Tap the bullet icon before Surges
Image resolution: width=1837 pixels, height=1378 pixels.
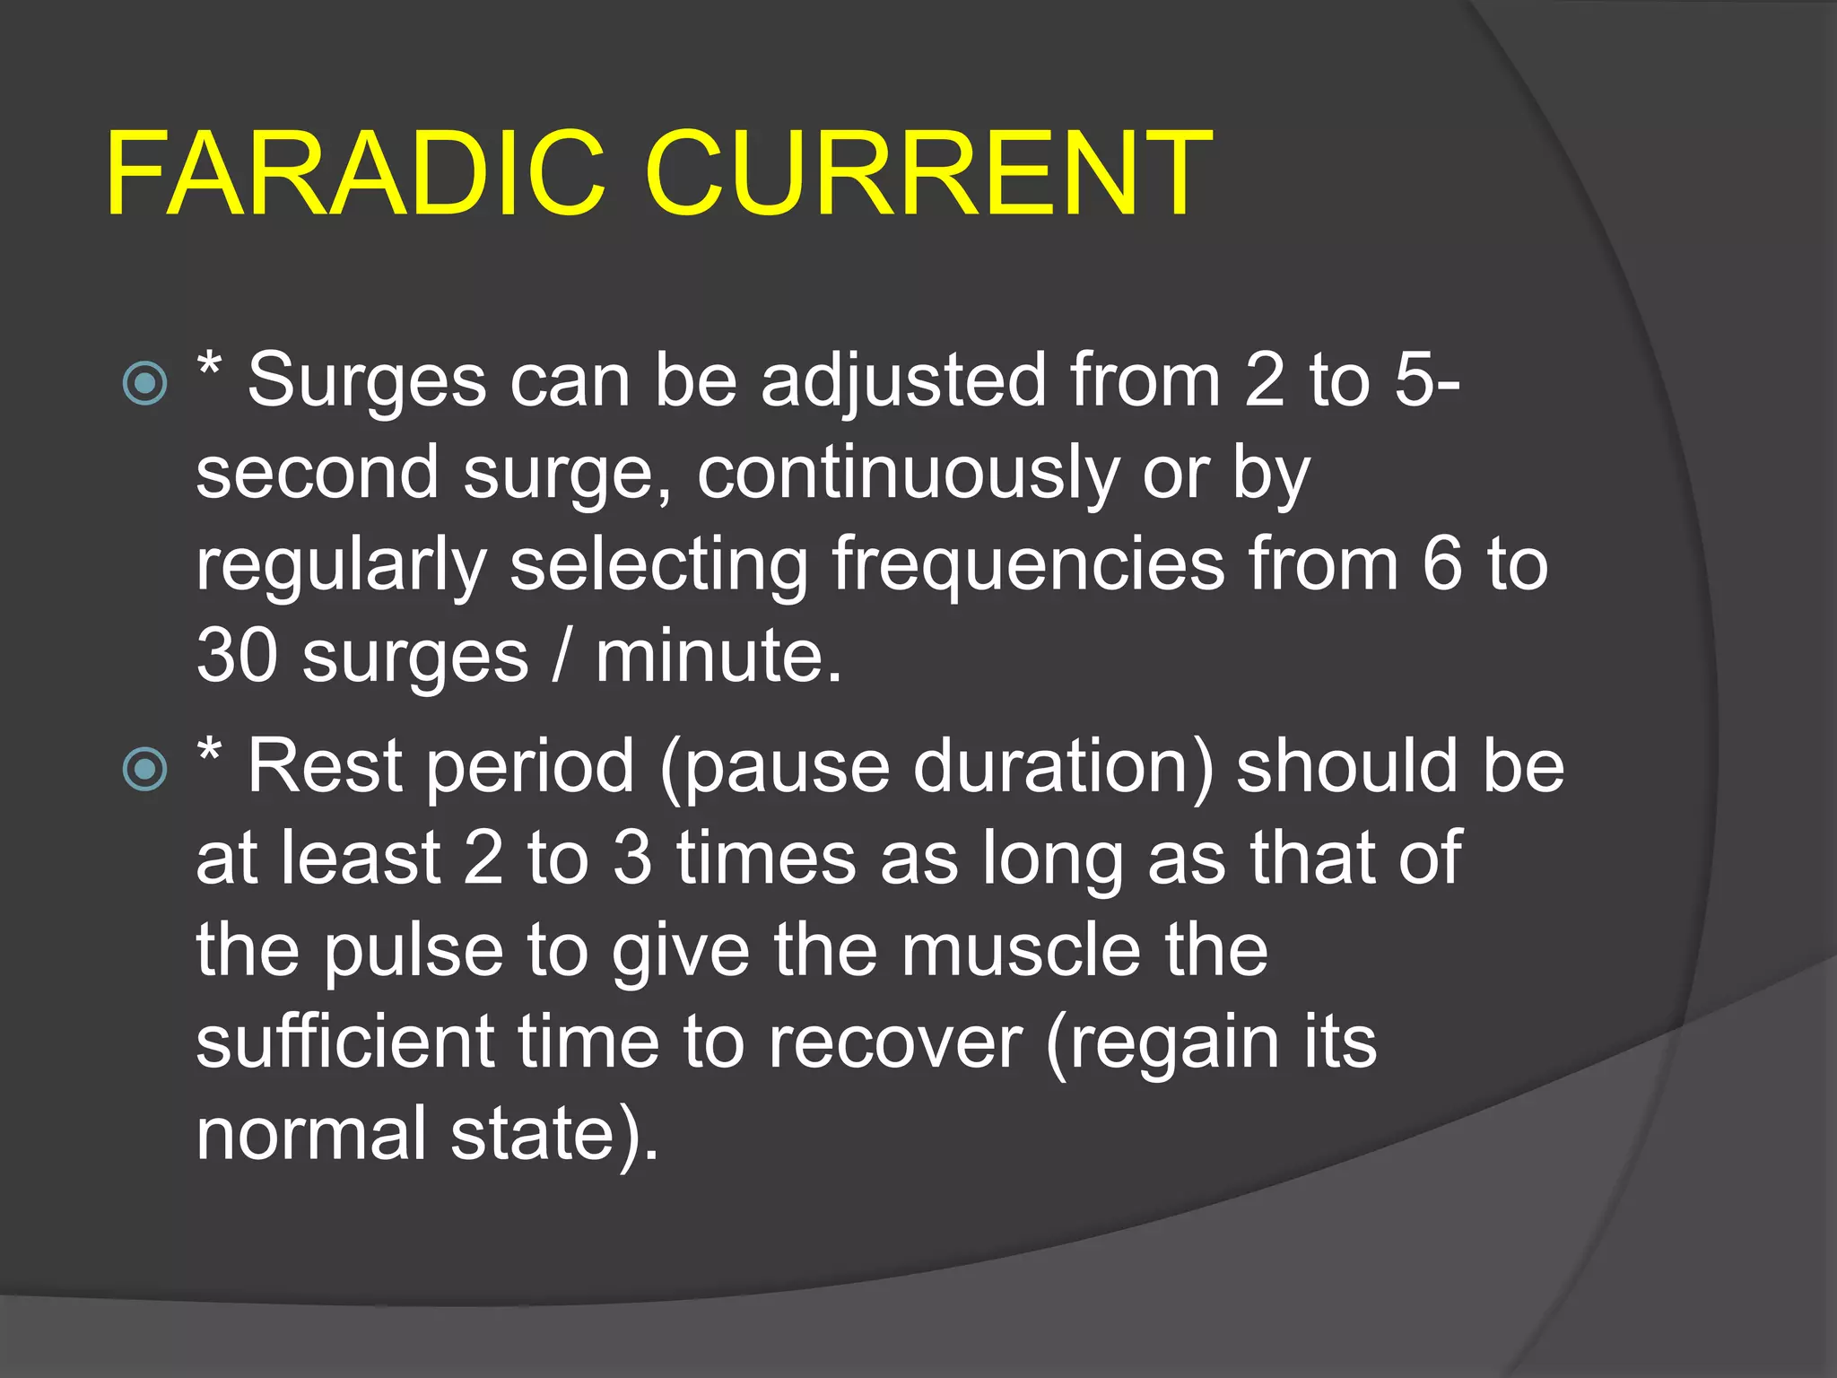145,384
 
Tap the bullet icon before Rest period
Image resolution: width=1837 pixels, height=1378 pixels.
145,769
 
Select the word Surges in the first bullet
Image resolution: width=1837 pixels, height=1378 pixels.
367,382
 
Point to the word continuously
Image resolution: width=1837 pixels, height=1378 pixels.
908,474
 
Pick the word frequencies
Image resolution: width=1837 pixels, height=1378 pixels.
1028,565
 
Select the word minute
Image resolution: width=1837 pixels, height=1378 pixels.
718,656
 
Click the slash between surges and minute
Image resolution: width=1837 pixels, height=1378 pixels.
562,656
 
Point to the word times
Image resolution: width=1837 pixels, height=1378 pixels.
766,859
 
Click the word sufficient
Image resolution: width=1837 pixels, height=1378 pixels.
345,1042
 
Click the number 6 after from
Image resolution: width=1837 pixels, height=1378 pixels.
1441,565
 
